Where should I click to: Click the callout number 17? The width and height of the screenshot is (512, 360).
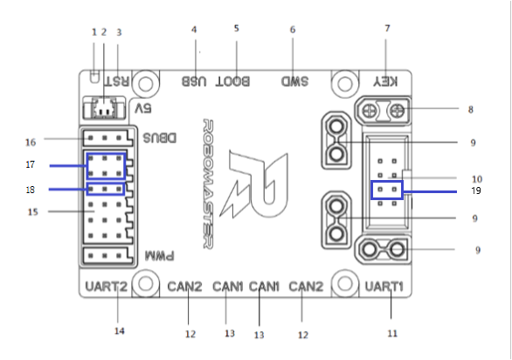click(30, 164)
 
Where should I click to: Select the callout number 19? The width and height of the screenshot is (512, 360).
click(476, 190)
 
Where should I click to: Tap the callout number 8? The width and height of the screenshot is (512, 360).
click(471, 110)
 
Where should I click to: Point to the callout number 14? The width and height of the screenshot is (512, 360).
click(119, 331)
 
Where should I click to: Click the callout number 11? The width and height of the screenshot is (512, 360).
click(392, 334)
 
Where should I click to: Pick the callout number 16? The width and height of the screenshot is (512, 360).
click(31, 142)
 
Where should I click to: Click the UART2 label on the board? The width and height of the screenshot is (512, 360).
click(106, 287)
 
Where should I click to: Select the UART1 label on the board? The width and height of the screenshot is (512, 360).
click(384, 287)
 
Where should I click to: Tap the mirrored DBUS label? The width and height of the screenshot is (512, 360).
click(160, 138)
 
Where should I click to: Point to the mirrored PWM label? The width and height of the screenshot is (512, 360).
click(160, 256)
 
